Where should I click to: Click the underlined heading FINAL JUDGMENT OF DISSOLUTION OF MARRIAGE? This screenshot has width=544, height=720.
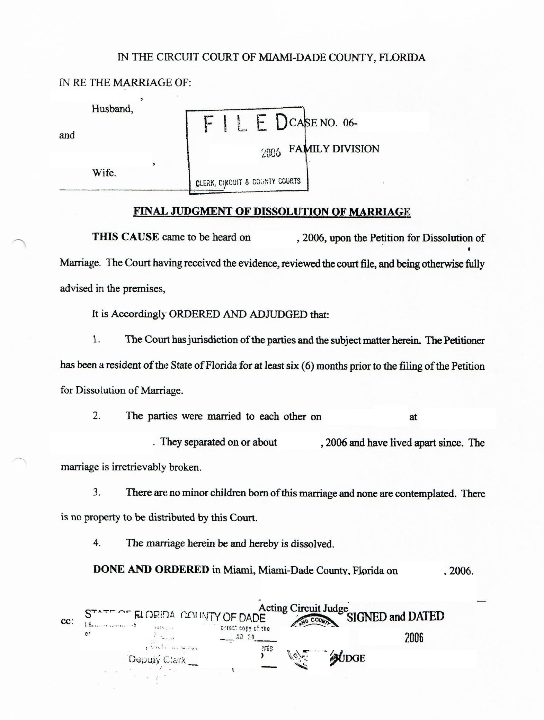click(272, 211)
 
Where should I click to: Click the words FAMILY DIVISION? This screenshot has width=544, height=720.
click(334, 149)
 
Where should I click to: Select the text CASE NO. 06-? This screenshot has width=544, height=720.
click(323, 123)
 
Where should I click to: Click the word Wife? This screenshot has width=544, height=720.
click(104, 173)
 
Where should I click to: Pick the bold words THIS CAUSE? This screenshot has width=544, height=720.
click(125, 237)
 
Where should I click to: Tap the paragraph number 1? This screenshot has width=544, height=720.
click(96, 340)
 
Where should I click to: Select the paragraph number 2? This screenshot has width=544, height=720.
click(97, 416)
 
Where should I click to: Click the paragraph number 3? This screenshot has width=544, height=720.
click(97, 492)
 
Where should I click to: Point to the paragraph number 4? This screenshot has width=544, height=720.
click(97, 543)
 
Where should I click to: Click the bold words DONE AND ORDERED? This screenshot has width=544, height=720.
click(151, 570)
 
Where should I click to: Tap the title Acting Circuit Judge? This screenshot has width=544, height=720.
click(303, 608)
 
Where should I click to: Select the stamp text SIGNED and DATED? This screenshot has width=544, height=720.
click(395, 616)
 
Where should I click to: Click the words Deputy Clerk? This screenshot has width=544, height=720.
click(157, 660)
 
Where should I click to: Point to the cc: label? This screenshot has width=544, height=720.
click(67, 621)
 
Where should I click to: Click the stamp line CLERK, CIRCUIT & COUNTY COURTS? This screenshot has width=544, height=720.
click(248, 182)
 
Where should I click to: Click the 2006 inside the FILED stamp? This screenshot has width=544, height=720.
click(271, 153)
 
